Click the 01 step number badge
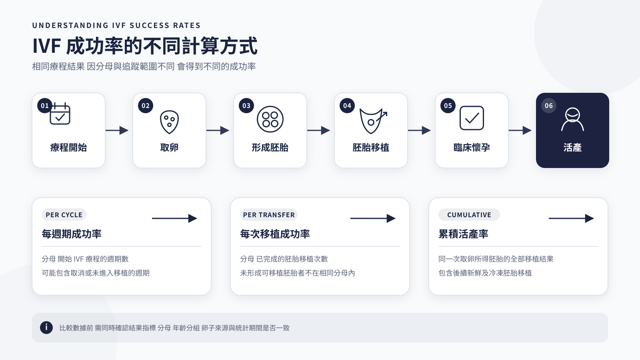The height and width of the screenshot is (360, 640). [44, 106]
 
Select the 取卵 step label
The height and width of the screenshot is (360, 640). [169, 148]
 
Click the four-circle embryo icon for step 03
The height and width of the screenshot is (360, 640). [270, 119]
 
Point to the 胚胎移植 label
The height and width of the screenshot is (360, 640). [370, 148]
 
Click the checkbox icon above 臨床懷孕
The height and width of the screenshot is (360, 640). [472, 118]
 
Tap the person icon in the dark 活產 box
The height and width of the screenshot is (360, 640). [572, 119]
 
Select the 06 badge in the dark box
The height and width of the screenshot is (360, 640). [548, 106]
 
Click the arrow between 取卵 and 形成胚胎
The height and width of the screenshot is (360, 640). [218, 130]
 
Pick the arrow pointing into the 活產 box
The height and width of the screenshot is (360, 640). [520, 130]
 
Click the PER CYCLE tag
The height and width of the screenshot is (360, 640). [64, 215]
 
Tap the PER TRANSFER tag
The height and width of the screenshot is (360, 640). [268, 215]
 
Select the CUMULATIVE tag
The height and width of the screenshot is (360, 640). [469, 215]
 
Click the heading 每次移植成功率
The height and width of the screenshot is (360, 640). [275, 234]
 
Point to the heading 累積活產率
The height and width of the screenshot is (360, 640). [463, 234]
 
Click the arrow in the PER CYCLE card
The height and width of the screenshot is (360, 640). [174, 218]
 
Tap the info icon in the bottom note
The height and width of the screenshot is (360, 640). [46, 328]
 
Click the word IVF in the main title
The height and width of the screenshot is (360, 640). [46, 46]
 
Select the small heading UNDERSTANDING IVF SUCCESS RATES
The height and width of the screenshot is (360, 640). [116, 26]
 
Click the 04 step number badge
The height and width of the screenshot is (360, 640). [347, 106]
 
